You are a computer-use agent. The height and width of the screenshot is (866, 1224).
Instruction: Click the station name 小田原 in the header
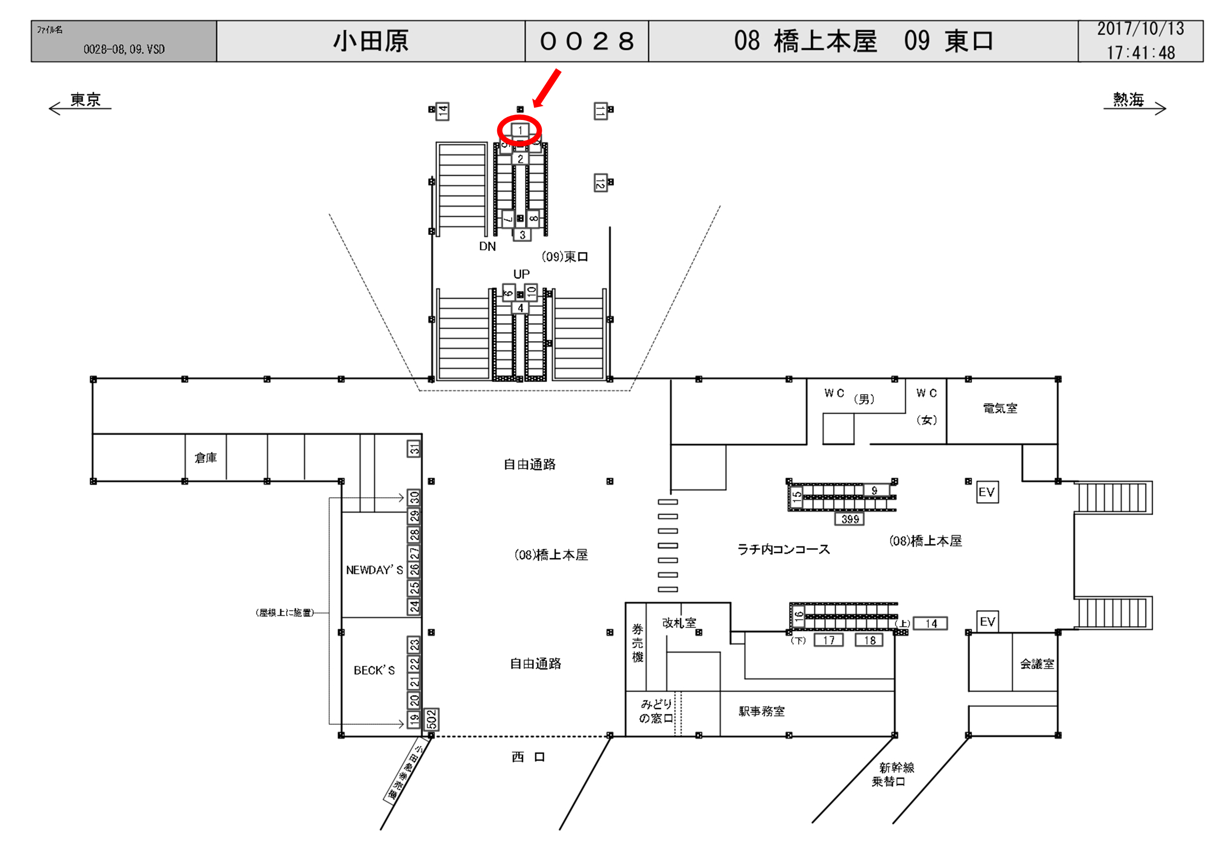(x=371, y=41)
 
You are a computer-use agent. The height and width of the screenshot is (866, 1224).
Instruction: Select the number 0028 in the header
(x=586, y=41)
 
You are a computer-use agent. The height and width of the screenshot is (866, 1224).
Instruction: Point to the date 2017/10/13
(x=1140, y=29)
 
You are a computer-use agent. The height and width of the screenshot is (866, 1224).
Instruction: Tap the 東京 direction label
(x=85, y=100)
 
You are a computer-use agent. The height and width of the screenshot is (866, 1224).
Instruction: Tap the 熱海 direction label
(x=1128, y=100)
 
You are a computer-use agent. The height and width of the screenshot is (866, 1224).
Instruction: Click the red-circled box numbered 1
(x=520, y=130)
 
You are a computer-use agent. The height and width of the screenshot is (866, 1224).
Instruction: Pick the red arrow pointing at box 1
(x=547, y=87)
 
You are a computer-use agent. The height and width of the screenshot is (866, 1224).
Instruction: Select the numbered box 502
(x=431, y=719)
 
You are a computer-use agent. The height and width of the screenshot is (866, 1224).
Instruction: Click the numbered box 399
(x=850, y=519)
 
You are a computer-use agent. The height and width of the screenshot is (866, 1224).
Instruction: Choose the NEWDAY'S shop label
(x=374, y=570)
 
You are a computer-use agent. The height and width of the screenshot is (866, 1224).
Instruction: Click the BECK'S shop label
(x=374, y=670)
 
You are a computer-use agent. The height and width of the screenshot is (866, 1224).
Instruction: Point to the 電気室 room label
(x=1000, y=408)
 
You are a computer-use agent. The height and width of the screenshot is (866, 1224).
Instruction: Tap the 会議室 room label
(x=1037, y=664)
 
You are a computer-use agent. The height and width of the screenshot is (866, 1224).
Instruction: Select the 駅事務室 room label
(x=761, y=711)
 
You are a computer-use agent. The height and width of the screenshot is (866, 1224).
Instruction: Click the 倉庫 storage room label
(x=206, y=458)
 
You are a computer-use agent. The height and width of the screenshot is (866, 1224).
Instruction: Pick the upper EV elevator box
(x=987, y=492)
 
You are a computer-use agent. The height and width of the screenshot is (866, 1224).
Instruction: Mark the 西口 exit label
(x=528, y=757)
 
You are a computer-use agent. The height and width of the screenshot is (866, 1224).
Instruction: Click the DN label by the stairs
(x=487, y=246)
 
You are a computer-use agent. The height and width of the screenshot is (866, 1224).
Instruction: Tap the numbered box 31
(x=414, y=449)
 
